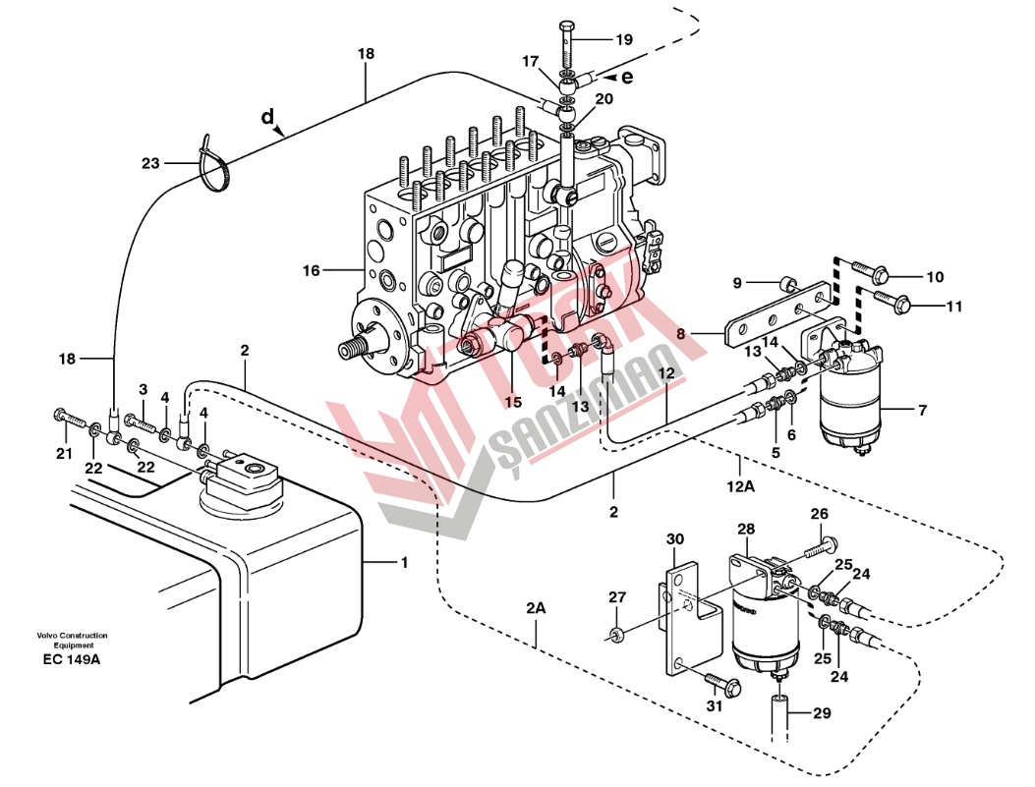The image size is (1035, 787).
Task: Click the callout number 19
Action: click(624, 39)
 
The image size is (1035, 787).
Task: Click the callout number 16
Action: click(311, 270)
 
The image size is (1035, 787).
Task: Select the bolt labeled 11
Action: click(892, 300)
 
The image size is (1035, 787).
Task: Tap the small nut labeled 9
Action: click(786, 284)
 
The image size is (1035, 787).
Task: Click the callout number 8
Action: click(681, 334)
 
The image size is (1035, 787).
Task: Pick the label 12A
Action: click(740, 487)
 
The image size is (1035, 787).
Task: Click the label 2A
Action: click(536, 608)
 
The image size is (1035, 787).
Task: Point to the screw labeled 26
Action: click(821, 547)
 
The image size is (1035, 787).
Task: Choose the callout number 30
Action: click(674, 539)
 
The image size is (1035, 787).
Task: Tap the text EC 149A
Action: click(72, 659)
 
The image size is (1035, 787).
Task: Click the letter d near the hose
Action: click(266, 117)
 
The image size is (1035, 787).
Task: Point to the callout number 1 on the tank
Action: click(405, 563)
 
